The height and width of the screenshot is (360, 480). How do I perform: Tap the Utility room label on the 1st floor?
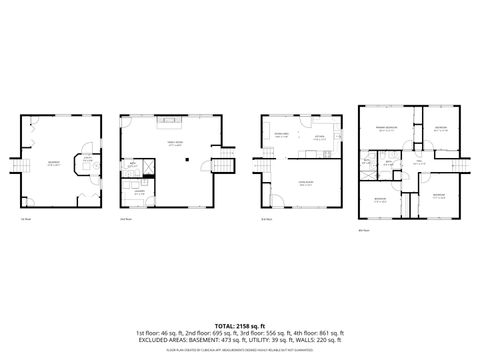tap(89, 157)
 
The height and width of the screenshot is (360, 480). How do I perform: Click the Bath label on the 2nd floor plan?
tap(132, 165)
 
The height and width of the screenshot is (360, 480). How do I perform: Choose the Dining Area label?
tap(282, 134)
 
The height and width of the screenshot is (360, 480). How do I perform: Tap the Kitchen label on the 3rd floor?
tap(319, 138)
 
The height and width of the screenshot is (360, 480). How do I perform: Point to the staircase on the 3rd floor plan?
tap(264, 151)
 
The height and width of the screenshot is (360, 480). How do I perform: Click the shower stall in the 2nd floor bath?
tap(148, 164)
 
